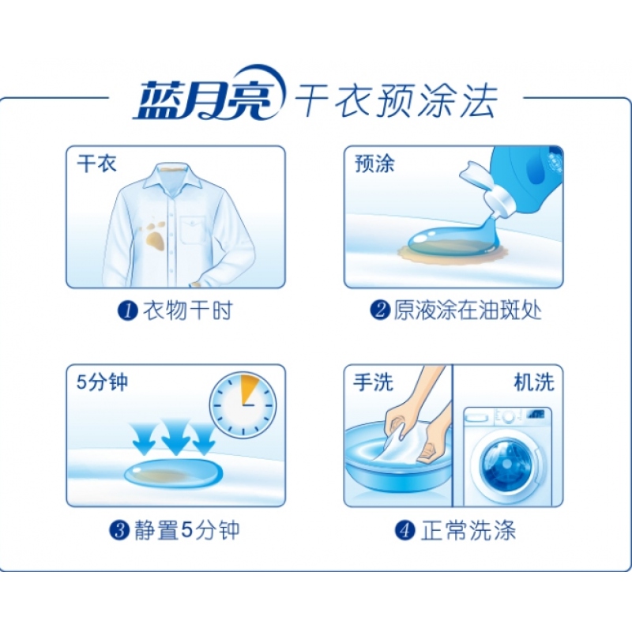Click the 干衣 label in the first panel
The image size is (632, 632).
click(x=96, y=164)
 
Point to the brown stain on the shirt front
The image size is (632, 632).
click(x=155, y=235)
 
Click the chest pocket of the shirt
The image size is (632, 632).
click(x=193, y=230)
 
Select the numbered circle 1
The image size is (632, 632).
click(x=128, y=310)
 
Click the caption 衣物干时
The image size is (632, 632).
click(x=188, y=310)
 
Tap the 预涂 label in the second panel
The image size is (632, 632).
click(x=374, y=164)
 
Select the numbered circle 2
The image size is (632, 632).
click(x=380, y=310)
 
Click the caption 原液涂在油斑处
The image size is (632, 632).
click(x=468, y=310)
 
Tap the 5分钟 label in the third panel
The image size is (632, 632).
click(x=102, y=382)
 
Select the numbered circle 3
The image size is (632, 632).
click(x=120, y=530)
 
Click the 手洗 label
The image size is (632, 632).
click(x=373, y=382)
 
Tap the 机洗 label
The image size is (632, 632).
click(x=535, y=382)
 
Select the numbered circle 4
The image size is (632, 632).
click(x=405, y=530)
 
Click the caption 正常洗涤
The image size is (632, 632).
click(x=468, y=530)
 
